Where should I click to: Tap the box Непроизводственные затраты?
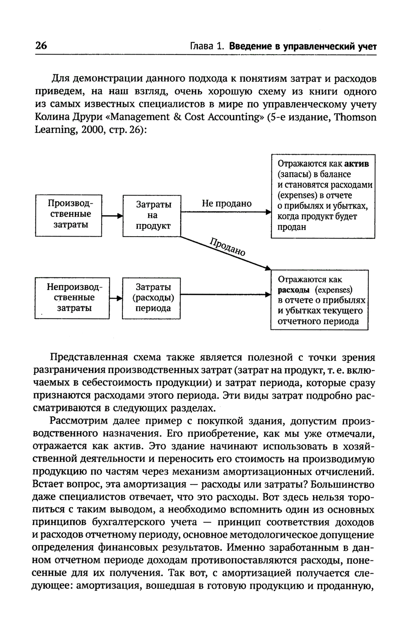tap(72, 298)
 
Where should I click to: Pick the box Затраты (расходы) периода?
tap(151, 298)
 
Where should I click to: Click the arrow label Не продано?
tap(227, 203)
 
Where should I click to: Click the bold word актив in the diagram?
tap(357, 164)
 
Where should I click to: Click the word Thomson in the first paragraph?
tap(356, 117)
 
